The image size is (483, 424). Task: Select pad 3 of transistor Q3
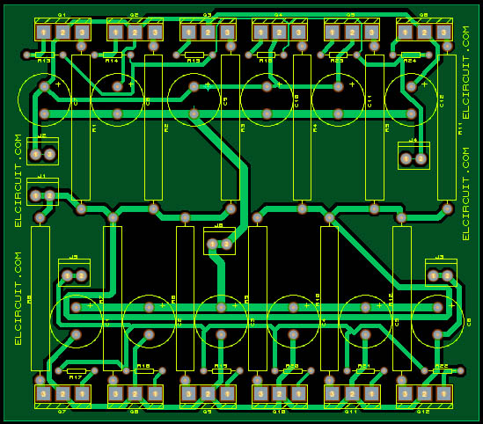[229, 33]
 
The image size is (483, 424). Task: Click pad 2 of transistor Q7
[62, 394]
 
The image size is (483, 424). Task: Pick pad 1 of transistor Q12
[443, 394]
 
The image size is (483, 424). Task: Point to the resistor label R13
[43, 62]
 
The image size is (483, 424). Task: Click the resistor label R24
[410, 62]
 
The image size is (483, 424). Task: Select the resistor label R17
[76, 378]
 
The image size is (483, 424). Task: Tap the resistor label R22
[442, 365]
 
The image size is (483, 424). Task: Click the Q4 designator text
[278, 16]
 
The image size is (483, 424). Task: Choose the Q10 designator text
[278, 411]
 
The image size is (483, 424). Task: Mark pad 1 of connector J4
[406, 159]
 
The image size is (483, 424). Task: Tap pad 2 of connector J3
[447, 276]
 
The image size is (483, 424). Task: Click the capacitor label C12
[442, 101]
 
